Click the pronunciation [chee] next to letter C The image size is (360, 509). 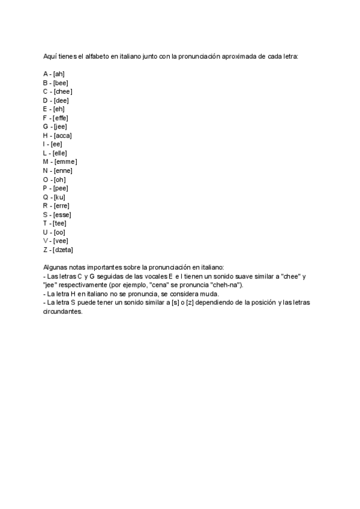pos(63,91)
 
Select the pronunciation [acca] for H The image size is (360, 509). pos(63,136)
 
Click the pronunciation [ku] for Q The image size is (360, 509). pos(59,197)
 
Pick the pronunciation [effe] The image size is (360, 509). pos(61,118)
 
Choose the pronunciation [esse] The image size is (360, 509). pos(62,214)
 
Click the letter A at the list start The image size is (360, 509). pos(46,74)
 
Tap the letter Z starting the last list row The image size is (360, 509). pos(46,250)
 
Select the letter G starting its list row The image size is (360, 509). pos(46,127)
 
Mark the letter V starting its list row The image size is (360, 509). pos(46,241)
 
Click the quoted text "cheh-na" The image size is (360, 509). pos(225,285)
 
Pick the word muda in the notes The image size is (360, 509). pos(210,294)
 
